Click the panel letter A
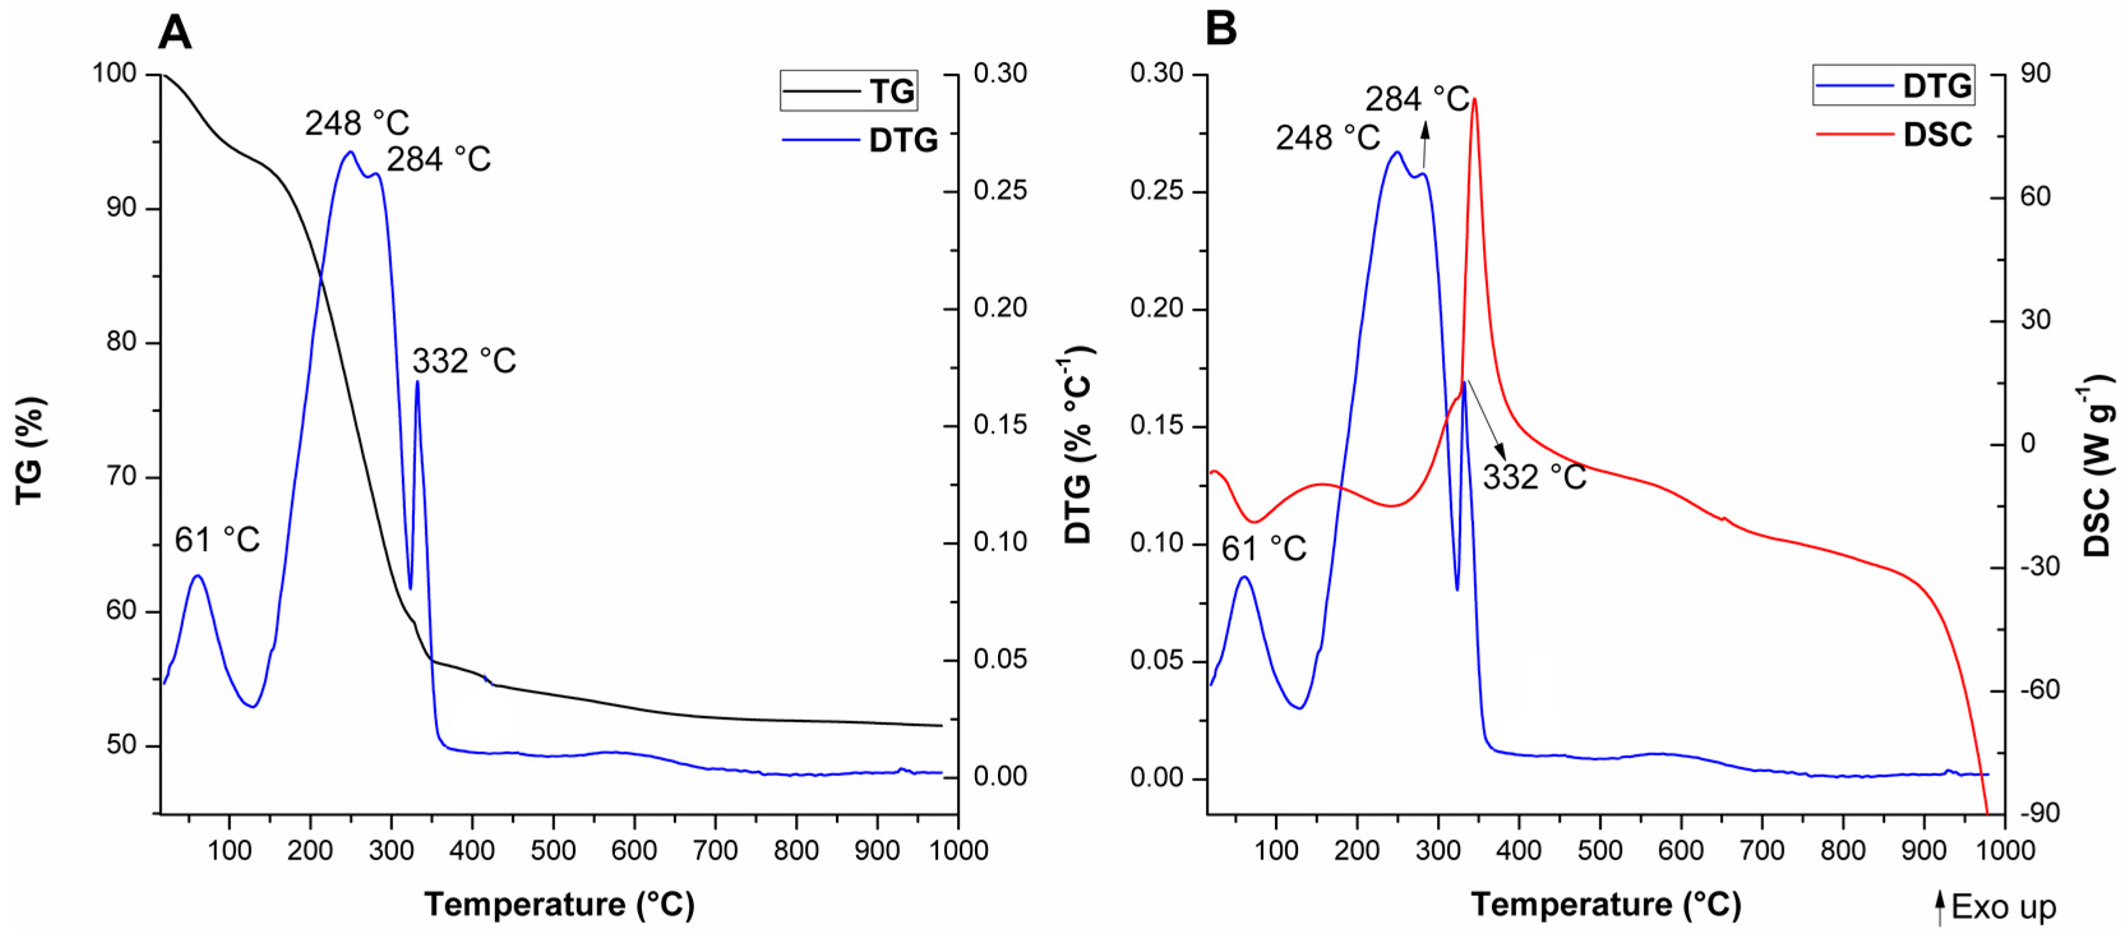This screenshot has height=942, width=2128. tap(174, 34)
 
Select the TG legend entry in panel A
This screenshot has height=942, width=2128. tap(849, 91)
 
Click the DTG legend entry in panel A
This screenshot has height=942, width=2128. tap(859, 140)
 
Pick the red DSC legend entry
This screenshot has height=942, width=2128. tap(1893, 134)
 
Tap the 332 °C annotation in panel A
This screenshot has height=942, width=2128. tap(463, 361)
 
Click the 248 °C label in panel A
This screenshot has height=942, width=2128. tap(357, 124)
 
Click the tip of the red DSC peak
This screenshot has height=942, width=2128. tap(1475, 99)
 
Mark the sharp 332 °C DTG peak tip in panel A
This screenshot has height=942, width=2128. tap(417, 381)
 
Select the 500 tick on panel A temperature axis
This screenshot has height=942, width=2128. tap(553, 849)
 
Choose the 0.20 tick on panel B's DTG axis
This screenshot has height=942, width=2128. tap(1156, 309)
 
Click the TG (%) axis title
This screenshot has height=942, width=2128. tap(31, 451)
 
